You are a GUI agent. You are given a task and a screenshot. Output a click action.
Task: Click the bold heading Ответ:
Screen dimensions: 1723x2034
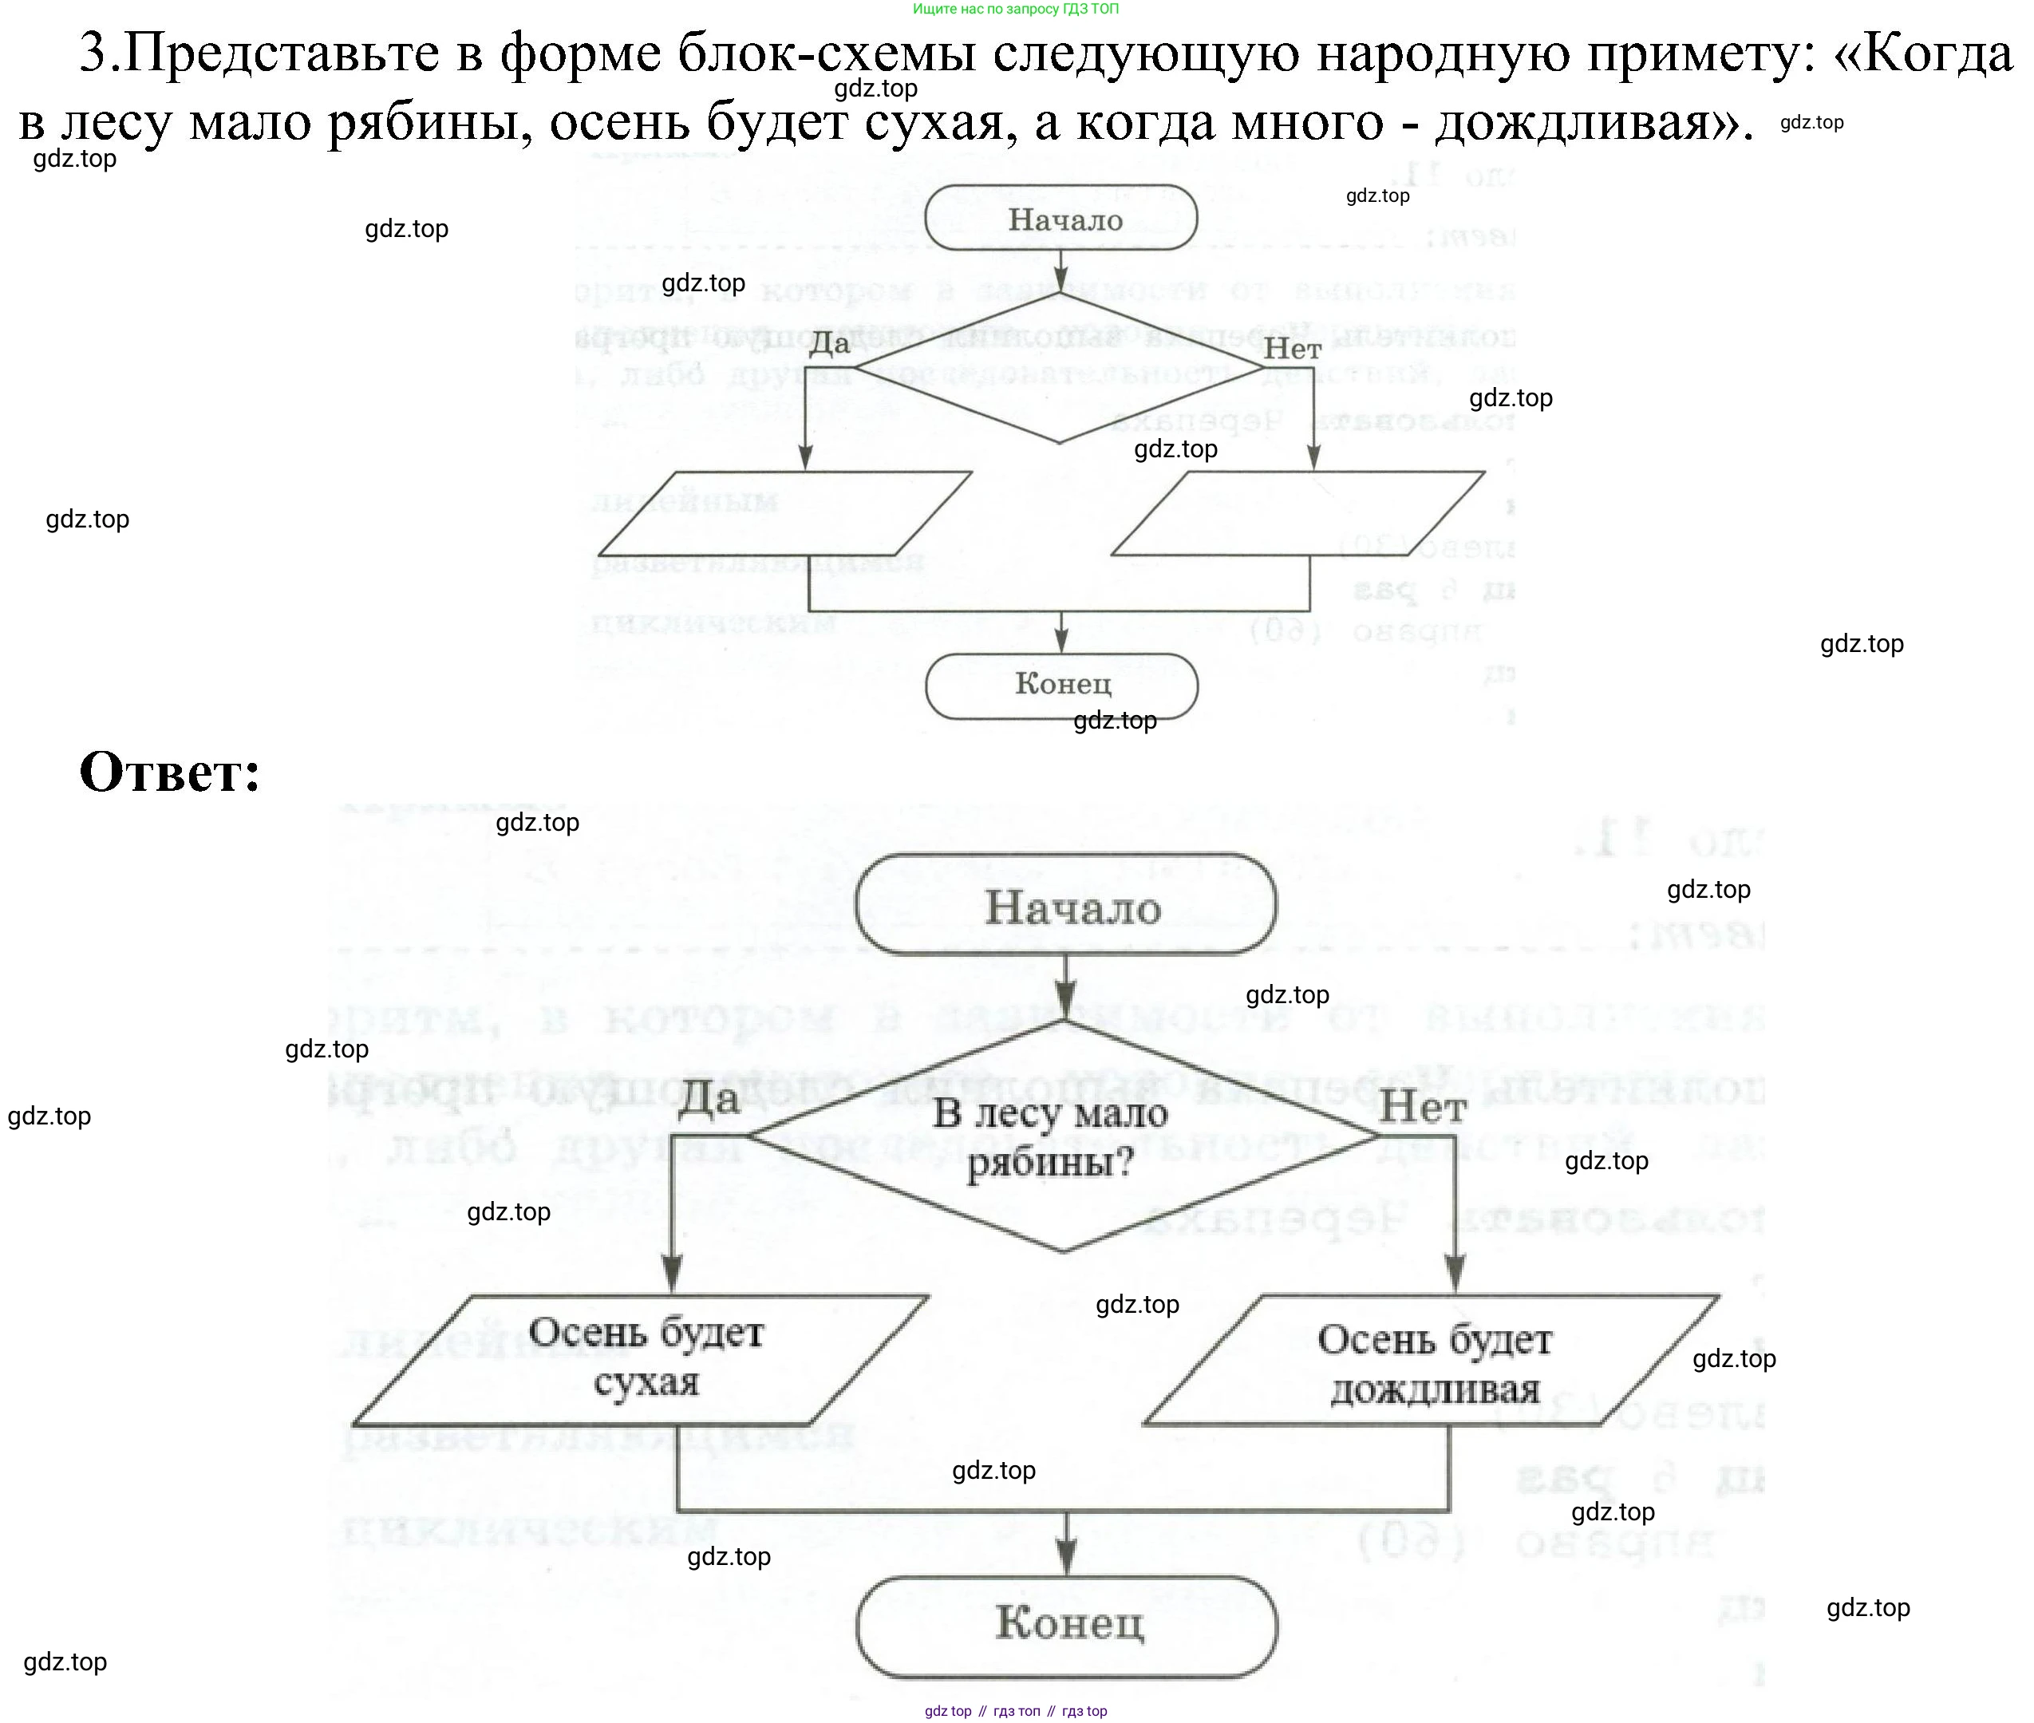pos(170,773)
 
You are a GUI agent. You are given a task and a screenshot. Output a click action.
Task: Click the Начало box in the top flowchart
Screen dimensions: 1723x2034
pos(1061,219)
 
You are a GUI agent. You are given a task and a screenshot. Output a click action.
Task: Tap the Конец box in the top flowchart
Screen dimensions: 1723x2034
pos(1061,685)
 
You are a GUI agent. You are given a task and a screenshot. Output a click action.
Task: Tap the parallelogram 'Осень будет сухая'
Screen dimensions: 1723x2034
pos(642,1358)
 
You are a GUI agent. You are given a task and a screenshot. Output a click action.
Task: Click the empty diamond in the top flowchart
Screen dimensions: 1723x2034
pos(1060,368)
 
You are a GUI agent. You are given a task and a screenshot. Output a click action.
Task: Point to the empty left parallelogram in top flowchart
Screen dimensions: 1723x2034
pos(784,514)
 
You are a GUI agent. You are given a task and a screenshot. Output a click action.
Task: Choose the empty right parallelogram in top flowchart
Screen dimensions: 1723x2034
pos(1297,514)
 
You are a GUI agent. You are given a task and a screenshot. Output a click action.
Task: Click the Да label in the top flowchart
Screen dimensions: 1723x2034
pos(829,343)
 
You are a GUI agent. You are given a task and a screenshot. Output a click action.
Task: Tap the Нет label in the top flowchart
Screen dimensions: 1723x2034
pos(1292,349)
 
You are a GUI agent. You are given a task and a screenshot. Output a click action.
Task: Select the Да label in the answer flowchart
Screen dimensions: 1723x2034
pos(708,1099)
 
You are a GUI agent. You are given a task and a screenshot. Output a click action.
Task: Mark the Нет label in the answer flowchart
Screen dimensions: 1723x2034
pos(1422,1108)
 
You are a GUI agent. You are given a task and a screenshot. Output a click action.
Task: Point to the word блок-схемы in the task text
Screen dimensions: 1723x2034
pos(841,53)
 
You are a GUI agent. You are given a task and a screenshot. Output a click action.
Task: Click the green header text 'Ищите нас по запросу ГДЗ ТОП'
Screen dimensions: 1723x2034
pos(1016,9)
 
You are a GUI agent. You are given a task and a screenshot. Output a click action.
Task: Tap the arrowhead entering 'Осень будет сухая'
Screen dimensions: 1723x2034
pos(673,1274)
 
